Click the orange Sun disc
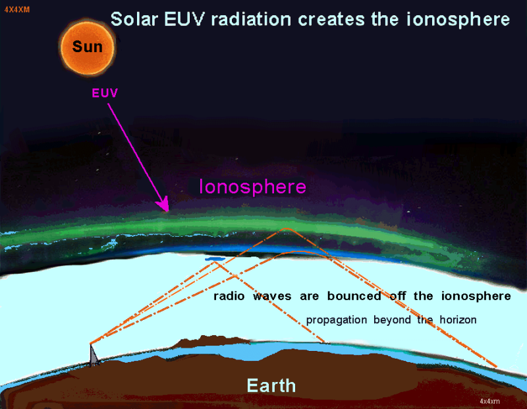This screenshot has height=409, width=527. click(88, 47)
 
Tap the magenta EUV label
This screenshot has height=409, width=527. click(105, 93)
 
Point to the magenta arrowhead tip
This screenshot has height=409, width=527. click(168, 211)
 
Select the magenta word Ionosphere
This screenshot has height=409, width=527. click(253, 187)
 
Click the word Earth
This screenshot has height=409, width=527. click(271, 385)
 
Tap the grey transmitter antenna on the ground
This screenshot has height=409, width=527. click(94, 355)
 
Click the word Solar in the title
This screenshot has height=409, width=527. click(134, 19)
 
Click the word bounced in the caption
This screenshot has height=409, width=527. click(354, 296)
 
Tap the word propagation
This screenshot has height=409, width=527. click(337, 320)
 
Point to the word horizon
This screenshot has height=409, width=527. click(458, 319)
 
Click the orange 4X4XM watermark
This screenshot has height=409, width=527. click(17, 9)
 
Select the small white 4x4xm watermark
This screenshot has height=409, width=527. click(489, 401)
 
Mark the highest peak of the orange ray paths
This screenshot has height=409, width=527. click(286, 229)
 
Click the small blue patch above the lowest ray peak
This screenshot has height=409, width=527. click(215, 259)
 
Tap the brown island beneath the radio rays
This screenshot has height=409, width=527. click(211, 341)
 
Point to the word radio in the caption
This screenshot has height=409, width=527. click(229, 296)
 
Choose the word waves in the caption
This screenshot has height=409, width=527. click(272, 296)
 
